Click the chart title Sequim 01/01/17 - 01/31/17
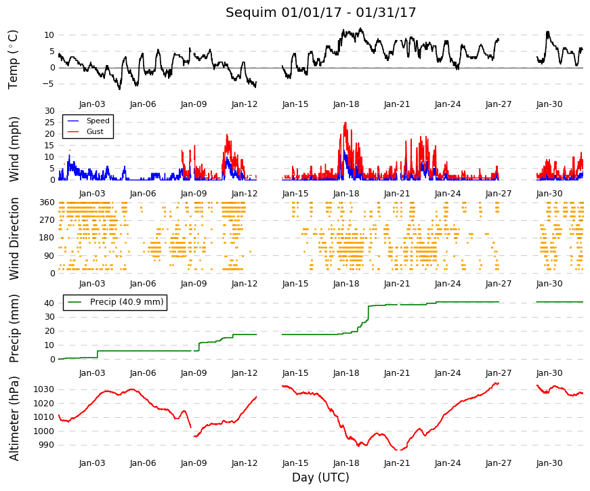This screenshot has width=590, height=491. pyautogui.click(x=320, y=12)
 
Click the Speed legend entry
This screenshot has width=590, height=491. pyautogui.click(x=98, y=121)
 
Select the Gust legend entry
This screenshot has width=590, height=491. pyautogui.click(x=95, y=131)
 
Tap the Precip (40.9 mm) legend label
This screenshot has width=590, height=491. pyautogui.click(x=127, y=302)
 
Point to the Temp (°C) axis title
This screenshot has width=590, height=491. pyautogui.click(x=13, y=60)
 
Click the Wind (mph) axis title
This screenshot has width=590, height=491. pyautogui.click(x=14, y=150)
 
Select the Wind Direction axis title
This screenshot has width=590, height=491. pyautogui.click(x=14, y=238)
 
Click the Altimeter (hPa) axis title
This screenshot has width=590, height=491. pyautogui.click(x=14, y=419)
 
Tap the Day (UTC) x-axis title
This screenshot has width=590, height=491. pyautogui.click(x=320, y=477)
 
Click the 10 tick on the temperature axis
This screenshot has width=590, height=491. pyautogui.click(x=49, y=35)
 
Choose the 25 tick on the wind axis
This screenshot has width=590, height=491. pyautogui.click(x=49, y=123)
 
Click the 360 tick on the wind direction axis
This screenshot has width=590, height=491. pyautogui.click(x=47, y=202)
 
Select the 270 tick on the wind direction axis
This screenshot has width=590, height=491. pyautogui.click(x=47, y=220)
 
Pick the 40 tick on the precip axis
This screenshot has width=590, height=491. pyautogui.click(x=49, y=303)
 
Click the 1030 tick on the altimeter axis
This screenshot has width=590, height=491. pyautogui.click(x=43, y=389)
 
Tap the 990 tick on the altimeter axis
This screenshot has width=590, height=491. pyautogui.click(x=46, y=445)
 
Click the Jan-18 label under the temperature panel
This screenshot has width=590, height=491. pyautogui.click(x=346, y=104)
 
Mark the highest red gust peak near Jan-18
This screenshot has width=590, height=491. pyautogui.click(x=345, y=123)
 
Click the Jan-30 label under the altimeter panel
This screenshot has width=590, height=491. pyautogui.click(x=549, y=463)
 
